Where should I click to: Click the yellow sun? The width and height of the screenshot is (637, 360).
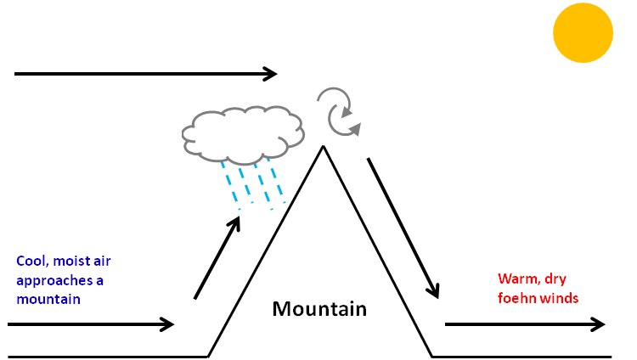[x=583, y=32]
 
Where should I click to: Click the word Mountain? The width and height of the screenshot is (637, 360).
[x=319, y=308]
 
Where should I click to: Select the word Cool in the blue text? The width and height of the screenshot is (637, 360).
[x=31, y=262]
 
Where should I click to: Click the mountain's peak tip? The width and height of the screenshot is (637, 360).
[x=323, y=147]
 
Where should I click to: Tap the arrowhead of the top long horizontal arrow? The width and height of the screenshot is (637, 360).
[x=272, y=74]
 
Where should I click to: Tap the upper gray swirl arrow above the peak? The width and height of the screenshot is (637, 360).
[x=334, y=100]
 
